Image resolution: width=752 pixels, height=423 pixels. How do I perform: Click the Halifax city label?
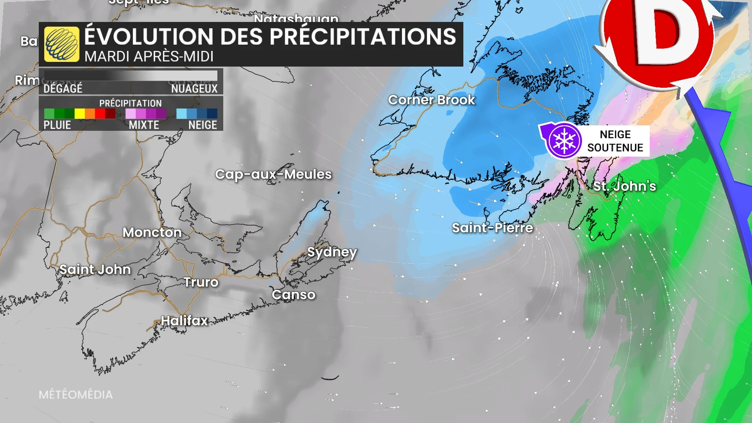click(x=184, y=321)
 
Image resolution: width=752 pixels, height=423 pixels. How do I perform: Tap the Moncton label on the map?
click(x=152, y=232)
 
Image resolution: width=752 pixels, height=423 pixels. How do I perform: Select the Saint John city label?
click(x=95, y=269)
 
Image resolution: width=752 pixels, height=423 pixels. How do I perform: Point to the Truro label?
click(x=201, y=282)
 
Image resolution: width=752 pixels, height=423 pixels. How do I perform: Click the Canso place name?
click(x=293, y=295)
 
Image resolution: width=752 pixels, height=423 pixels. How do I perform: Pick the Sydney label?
click(x=332, y=252)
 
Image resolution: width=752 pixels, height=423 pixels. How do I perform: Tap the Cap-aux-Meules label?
click(x=273, y=174)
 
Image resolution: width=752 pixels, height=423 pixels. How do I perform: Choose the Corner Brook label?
click(x=431, y=100)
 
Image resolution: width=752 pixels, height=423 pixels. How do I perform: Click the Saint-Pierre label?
click(x=492, y=228)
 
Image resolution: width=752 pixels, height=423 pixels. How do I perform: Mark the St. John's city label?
click(x=624, y=186)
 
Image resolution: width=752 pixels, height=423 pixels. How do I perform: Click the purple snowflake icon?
click(x=564, y=141)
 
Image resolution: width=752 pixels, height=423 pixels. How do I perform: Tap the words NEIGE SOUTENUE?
click(x=615, y=141)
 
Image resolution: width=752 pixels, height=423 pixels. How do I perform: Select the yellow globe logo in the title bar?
click(x=61, y=44)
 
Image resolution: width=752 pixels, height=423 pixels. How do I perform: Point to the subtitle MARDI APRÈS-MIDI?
click(x=149, y=57)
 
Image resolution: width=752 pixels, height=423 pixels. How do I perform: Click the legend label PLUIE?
click(x=57, y=125)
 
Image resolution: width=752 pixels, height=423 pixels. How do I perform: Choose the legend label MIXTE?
click(x=144, y=125)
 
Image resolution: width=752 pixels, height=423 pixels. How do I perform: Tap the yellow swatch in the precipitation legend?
click(x=80, y=114)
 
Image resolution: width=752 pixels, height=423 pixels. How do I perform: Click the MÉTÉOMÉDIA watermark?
click(x=76, y=394)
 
